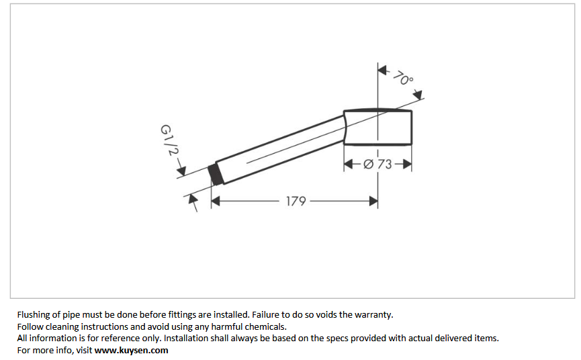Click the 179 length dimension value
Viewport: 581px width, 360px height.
(x=296, y=201)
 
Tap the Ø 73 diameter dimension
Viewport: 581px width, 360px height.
(x=377, y=164)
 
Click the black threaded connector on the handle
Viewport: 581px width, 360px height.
(x=216, y=174)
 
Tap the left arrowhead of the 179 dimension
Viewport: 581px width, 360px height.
(x=216, y=200)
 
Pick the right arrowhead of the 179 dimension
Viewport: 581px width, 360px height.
(x=373, y=200)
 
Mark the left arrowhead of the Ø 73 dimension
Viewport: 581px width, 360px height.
(x=349, y=164)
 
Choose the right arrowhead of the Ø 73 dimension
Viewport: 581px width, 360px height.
(x=406, y=164)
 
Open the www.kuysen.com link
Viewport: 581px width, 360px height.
(x=131, y=350)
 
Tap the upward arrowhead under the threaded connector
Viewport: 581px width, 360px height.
(x=193, y=198)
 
